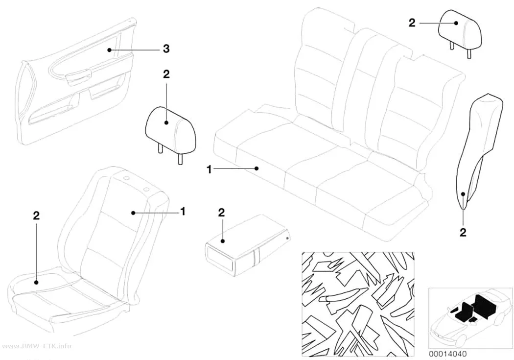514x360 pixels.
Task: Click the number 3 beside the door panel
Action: (166, 49)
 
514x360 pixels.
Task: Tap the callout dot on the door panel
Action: (109, 50)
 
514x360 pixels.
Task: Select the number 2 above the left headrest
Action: (166, 74)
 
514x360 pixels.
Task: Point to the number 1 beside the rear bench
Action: (209, 170)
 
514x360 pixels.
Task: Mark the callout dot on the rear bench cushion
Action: (257, 168)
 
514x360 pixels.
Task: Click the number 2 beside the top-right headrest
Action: (412, 23)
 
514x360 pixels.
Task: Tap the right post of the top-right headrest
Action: (469, 52)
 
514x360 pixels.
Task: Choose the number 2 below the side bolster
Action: (463, 233)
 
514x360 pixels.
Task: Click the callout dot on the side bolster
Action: (463, 194)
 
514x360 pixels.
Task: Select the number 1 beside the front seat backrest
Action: (183, 212)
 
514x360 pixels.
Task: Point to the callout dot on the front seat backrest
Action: (133, 213)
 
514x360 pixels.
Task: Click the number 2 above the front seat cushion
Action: (36, 216)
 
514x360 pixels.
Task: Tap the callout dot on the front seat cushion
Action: (36, 282)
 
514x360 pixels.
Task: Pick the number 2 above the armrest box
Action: (222, 213)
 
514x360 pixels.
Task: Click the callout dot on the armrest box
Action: (223, 241)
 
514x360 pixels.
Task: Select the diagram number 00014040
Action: (447, 354)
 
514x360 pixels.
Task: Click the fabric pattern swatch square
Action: (358, 305)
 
